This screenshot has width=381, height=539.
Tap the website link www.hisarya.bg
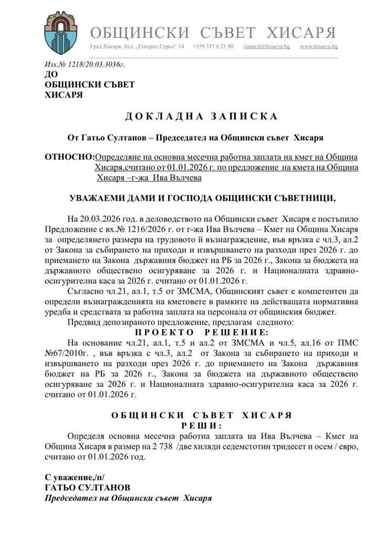click(x=318, y=47)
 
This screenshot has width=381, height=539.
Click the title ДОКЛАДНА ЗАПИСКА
click(x=190, y=115)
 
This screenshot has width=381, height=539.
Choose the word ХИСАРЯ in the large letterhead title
click(x=301, y=33)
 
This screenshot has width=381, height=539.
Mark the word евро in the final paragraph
click(x=325, y=446)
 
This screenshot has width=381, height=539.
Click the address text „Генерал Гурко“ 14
click(x=160, y=47)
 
